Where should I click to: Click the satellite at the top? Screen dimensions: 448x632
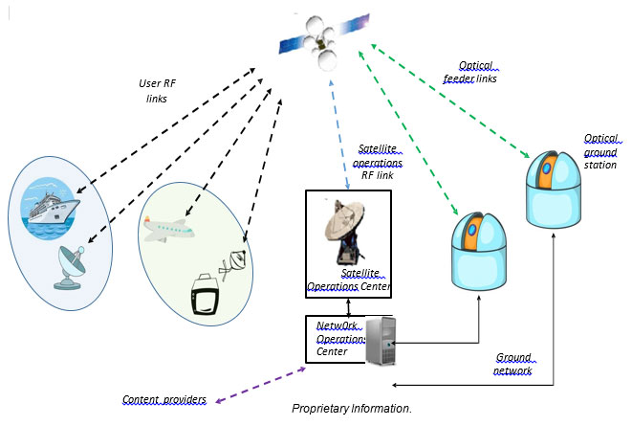tap(322, 37)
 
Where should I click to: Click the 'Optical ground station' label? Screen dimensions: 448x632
tap(600, 151)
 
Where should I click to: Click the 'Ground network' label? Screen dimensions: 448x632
tap(514, 364)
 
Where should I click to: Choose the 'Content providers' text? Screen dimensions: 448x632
tap(163, 399)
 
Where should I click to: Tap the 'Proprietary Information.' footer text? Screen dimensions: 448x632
tap(351, 410)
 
